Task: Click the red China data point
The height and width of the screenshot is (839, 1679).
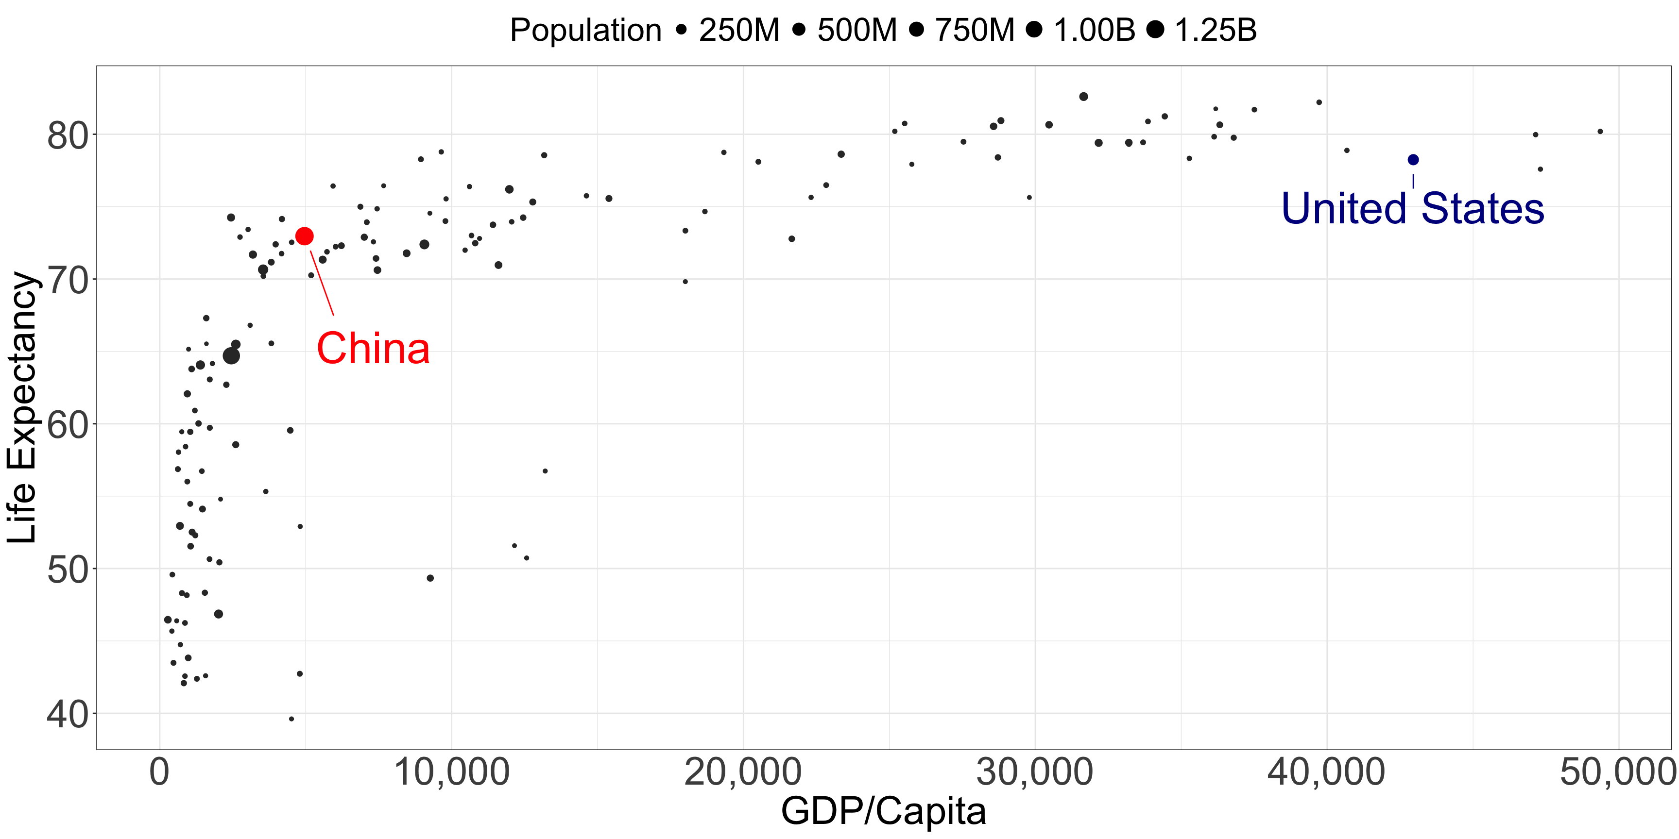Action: pos(305,236)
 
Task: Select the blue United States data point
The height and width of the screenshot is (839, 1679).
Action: pos(1413,160)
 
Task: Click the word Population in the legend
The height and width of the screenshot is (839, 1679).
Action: pos(585,30)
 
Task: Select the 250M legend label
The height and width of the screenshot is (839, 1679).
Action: pos(739,30)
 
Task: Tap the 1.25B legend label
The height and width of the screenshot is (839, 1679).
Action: pos(1216,30)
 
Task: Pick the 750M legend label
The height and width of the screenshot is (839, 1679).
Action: pos(975,30)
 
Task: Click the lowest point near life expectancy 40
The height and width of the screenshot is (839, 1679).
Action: pos(291,719)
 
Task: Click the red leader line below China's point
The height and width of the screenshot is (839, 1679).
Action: pos(322,284)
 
